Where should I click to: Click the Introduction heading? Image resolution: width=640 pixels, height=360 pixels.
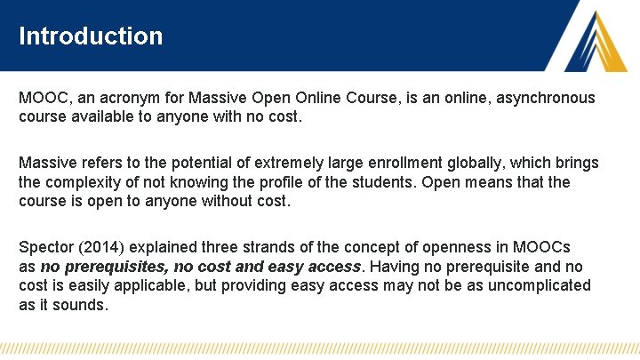91,36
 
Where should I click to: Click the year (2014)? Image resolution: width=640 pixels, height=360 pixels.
108,246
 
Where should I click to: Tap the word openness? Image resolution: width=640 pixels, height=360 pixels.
454,246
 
